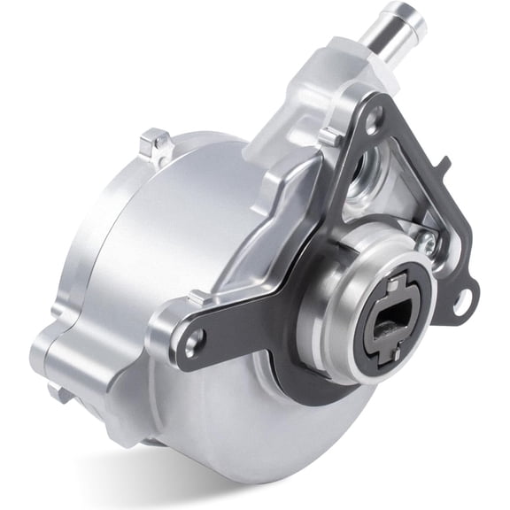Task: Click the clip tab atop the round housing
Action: [x=156, y=143]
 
